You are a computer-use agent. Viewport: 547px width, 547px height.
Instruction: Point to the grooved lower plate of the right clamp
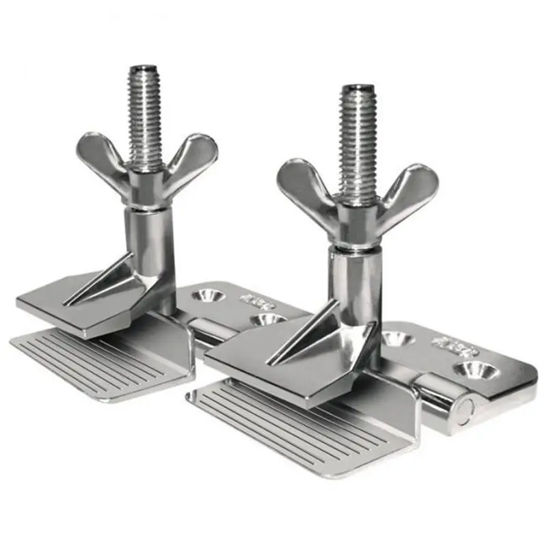287,424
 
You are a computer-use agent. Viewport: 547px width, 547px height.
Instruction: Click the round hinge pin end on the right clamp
466,409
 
